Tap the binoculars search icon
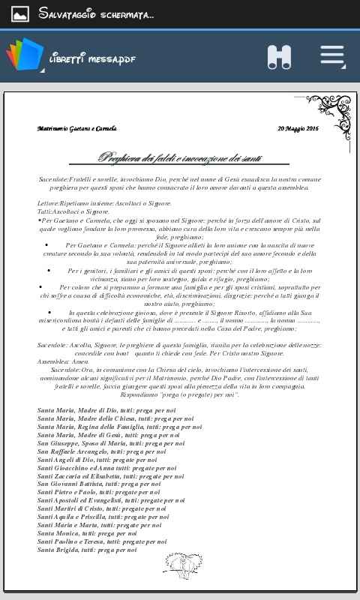tap(279, 57)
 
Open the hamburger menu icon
tap(332, 57)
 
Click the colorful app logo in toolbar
tap(24, 58)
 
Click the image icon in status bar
tap(20, 13)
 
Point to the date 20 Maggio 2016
tap(298, 129)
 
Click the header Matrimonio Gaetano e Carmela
tap(77, 129)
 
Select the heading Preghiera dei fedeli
tap(193, 157)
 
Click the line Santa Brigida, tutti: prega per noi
tap(88, 550)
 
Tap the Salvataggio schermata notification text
tap(96, 13)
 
